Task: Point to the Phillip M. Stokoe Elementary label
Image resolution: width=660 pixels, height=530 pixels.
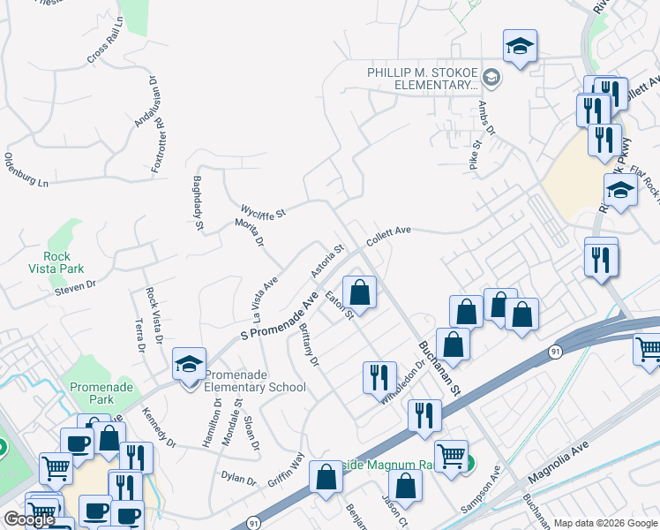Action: coord(423,79)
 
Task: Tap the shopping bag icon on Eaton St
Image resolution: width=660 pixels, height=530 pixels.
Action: coord(360,291)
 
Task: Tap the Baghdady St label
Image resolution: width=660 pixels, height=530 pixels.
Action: coord(199,203)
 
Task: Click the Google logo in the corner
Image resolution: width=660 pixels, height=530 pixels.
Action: coord(29,519)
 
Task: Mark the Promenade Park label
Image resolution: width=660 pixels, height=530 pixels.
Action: coord(100,392)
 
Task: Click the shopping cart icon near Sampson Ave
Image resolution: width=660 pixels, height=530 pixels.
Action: coord(451,456)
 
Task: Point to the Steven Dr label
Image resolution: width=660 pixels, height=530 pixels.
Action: coord(74,286)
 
